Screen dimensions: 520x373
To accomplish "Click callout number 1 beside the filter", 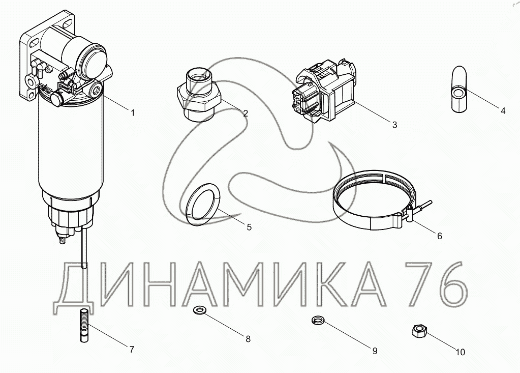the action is click(x=133, y=113).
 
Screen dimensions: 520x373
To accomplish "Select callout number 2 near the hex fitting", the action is click(x=246, y=113).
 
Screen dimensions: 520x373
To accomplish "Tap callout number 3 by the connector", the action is click(x=394, y=125).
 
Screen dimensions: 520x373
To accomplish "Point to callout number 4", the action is click(x=503, y=111).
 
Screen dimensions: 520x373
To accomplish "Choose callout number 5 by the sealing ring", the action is click(x=249, y=227).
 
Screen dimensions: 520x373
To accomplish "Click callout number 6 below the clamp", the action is click(x=440, y=236).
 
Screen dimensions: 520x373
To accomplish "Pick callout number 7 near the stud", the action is click(x=132, y=349).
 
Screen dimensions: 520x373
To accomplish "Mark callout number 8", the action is click(x=248, y=339).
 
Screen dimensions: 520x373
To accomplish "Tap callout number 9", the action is click(x=375, y=351).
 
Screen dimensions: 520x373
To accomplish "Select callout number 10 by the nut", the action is click(x=461, y=352).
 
